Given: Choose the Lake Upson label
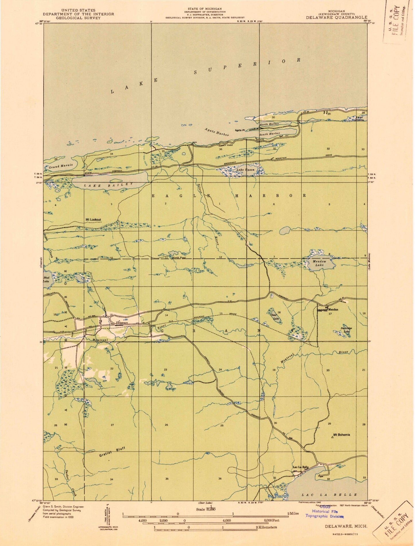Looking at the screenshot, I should click(x=246, y=169).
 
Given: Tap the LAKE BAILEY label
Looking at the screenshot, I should click(x=109, y=185).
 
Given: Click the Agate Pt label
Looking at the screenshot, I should click(x=240, y=130).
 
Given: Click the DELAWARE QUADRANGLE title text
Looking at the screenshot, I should click(x=337, y=17).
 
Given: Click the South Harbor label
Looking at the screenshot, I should click(x=270, y=134).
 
